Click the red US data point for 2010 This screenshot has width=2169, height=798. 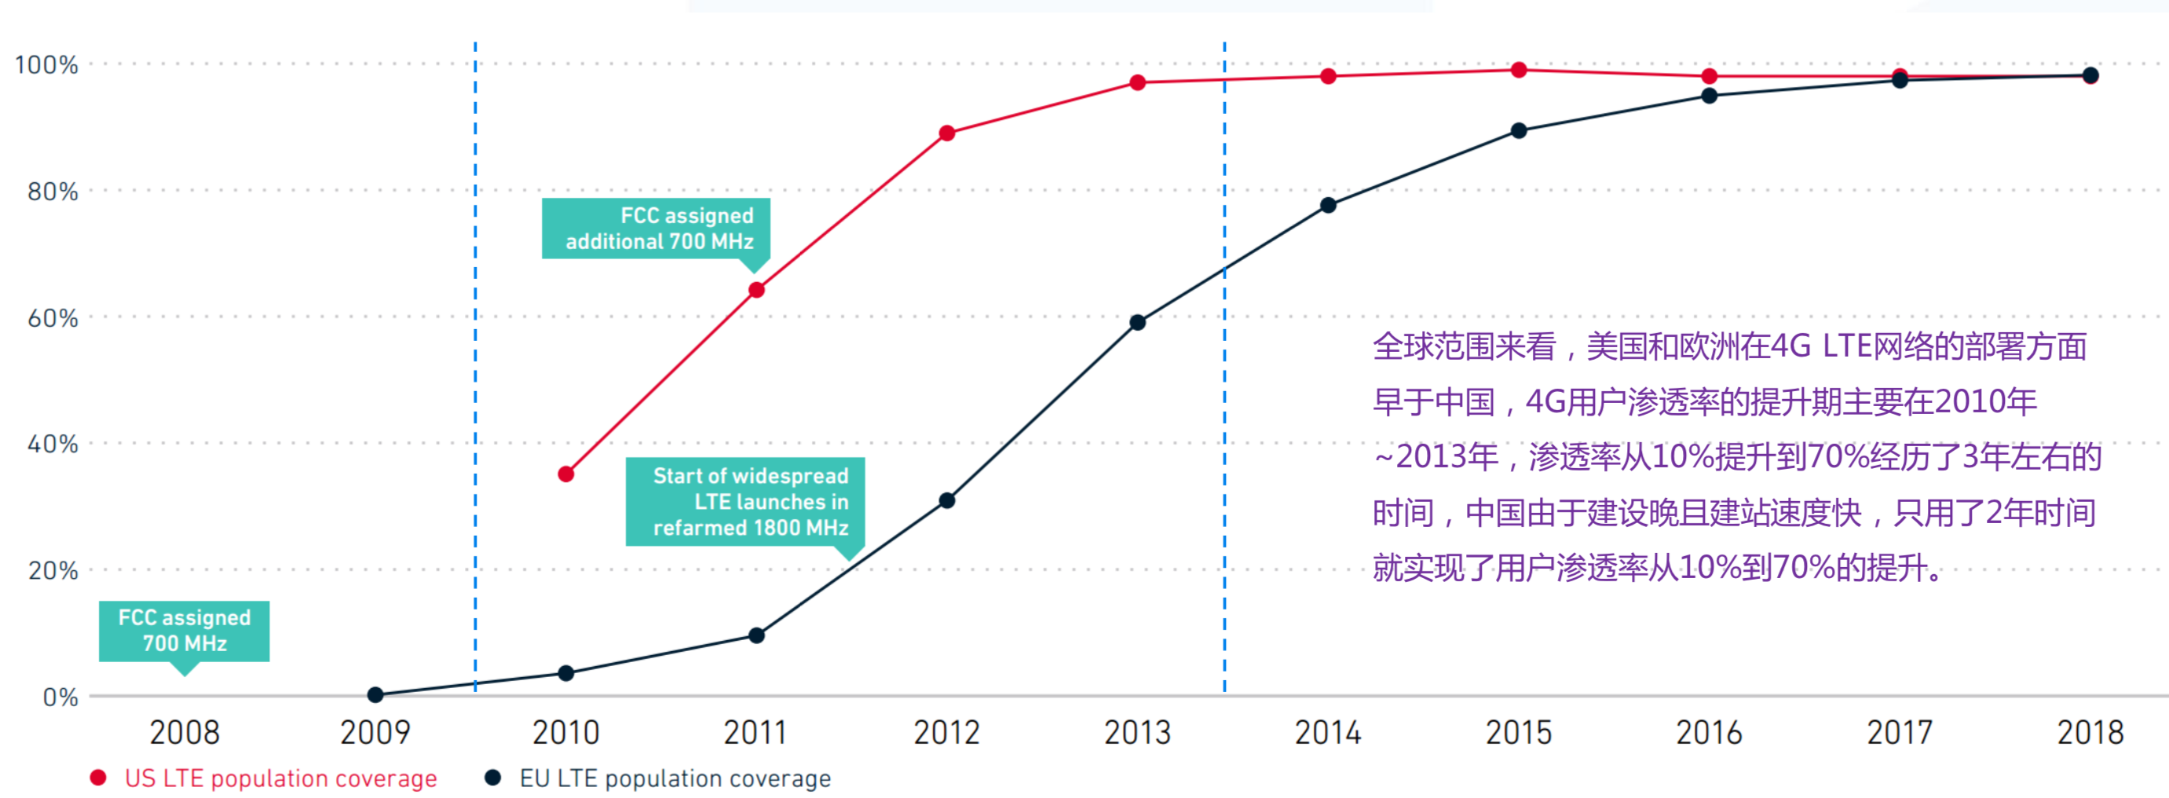click(566, 474)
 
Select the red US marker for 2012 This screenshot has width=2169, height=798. click(946, 133)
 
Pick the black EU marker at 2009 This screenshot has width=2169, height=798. click(375, 694)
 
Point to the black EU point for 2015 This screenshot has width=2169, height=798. click(1518, 130)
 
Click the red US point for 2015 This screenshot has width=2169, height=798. click(1518, 70)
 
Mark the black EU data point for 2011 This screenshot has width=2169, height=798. click(756, 635)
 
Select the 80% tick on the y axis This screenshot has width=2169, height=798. click(52, 192)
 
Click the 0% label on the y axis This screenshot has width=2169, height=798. click(60, 697)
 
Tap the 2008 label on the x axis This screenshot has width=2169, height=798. click(185, 732)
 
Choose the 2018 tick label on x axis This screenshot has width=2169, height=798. click(2090, 732)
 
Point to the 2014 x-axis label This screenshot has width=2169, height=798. click(1328, 732)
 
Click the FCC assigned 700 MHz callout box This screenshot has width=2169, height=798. click(185, 631)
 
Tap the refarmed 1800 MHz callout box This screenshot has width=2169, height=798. click(746, 502)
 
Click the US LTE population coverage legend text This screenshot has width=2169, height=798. click(280, 778)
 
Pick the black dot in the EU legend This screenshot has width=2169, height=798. click(492, 778)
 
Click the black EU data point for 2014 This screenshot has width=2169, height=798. click(1328, 206)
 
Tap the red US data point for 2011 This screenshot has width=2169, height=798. click(756, 291)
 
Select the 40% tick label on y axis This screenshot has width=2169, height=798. click(52, 445)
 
